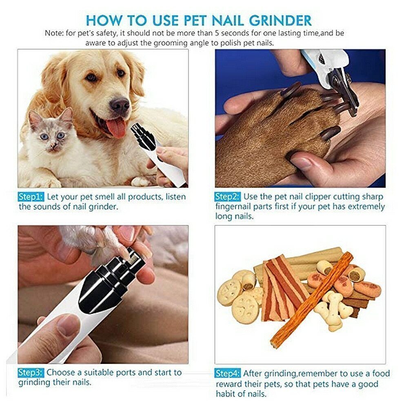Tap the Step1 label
(x=31, y=197)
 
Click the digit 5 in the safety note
(x=217, y=33)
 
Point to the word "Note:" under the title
(x=54, y=33)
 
